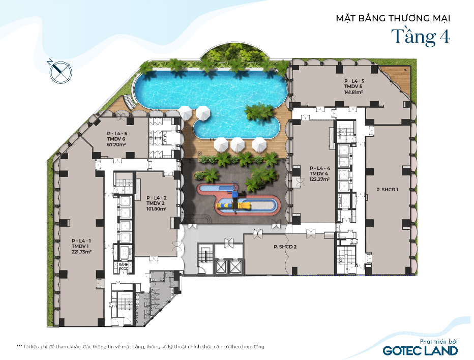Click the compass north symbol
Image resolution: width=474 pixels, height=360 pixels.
coord(61,72)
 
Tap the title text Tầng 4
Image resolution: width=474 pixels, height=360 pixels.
coord(421,37)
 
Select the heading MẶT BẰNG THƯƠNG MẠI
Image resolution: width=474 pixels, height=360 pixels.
coord(393,18)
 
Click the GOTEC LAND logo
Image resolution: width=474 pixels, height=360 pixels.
coord(420,351)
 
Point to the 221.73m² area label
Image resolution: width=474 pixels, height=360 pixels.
coord(81,252)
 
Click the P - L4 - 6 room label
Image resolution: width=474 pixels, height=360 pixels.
coord(117,134)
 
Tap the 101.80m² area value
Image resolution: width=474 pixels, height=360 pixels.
coord(156,208)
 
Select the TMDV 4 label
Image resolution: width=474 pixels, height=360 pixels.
coord(318,173)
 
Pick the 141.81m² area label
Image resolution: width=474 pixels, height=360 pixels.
coord(353,92)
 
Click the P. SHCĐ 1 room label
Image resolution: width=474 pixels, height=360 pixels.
coord(387,190)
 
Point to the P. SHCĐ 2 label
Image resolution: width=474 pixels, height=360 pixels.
coord(285,247)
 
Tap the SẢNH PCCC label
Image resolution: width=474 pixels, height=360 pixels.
coord(124,266)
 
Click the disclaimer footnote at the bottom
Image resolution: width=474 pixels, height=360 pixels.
coord(140,346)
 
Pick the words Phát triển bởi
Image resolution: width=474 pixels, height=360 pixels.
coord(438,342)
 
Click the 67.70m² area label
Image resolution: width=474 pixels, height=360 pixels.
coord(116,144)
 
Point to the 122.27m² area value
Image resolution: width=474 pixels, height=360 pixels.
coord(319,179)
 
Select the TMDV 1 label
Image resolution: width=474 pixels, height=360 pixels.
coord(80,246)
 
